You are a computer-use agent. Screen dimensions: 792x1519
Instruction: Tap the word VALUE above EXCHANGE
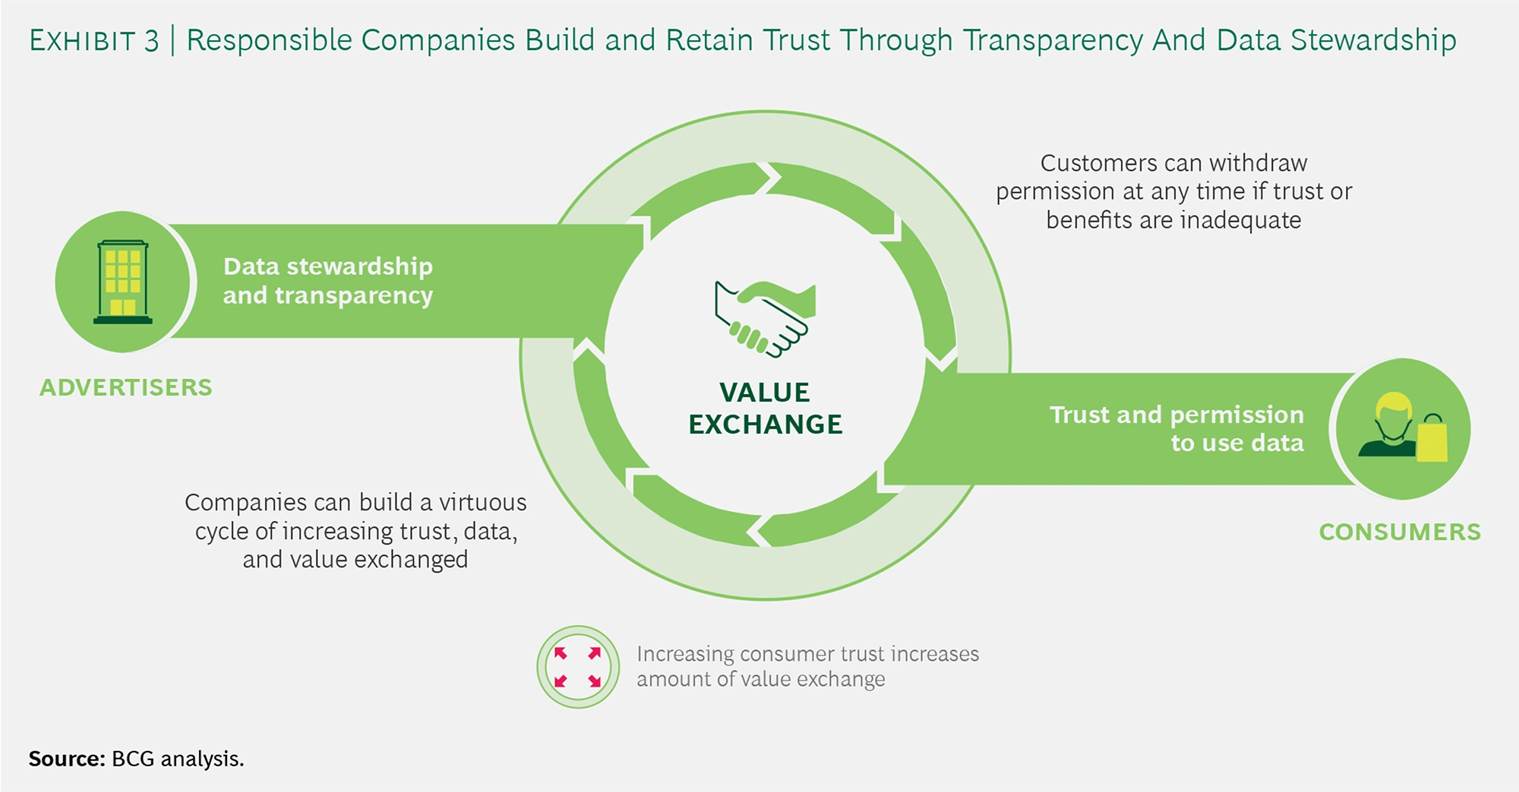(x=764, y=393)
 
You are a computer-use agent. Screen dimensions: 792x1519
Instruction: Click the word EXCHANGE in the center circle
(x=765, y=424)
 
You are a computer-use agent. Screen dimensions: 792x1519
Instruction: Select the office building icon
(x=122, y=282)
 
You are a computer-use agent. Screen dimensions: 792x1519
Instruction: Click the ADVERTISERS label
(x=126, y=387)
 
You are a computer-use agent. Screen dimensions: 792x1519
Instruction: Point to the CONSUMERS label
(x=1399, y=532)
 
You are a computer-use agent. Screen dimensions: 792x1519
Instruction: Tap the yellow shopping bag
(x=1432, y=440)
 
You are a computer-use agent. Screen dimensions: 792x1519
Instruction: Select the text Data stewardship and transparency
(x=327, y=280)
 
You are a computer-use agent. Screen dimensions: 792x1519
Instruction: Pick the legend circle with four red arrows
(x=578, y=667)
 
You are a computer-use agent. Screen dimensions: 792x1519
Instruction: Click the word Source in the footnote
(x=66, y=759)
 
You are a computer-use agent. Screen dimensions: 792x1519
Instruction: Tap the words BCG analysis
(x=178, y=759)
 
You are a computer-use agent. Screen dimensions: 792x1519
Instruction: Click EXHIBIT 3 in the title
(x=93, y=40)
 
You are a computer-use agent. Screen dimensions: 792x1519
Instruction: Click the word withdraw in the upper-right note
(x=1258, y=163)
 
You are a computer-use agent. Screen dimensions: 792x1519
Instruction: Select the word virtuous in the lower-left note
(x=482, y=503)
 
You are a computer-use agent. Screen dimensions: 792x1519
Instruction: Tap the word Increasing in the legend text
(x=685, y=654)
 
